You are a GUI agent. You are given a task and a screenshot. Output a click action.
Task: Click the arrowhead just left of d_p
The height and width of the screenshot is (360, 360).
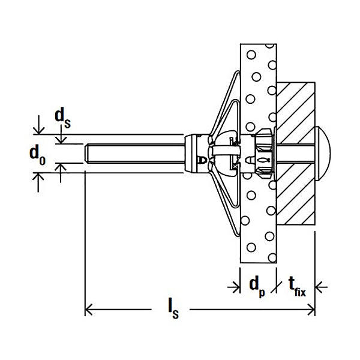point(235,287)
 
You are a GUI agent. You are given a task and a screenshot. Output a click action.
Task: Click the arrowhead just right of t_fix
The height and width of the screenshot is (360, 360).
point(320,287)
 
